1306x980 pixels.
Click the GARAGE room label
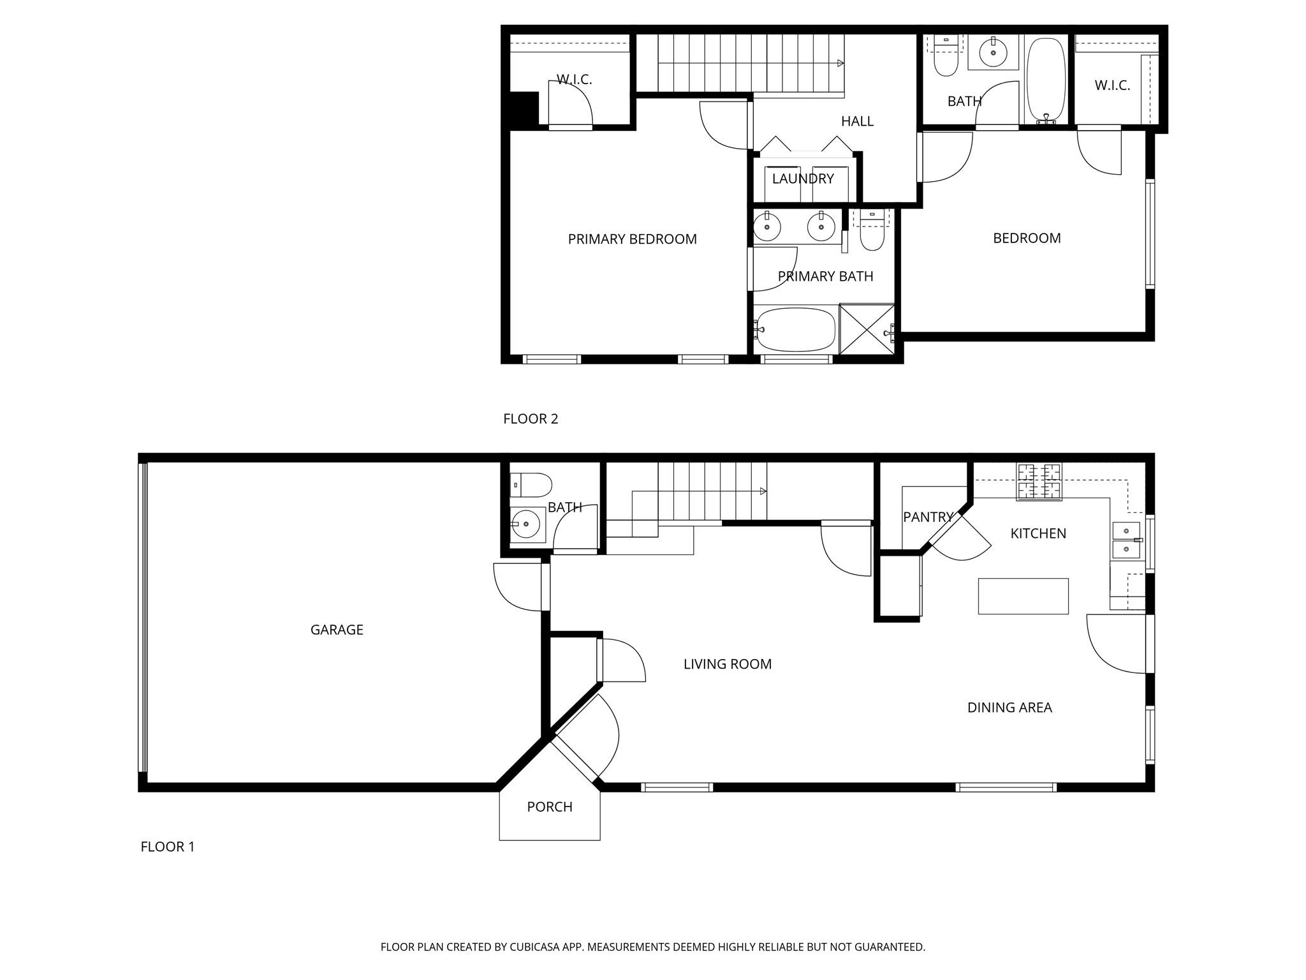337,630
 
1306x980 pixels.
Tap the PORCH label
550,807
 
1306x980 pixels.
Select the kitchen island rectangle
1023,596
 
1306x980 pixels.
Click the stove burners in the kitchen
1039,482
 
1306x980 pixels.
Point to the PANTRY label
928,517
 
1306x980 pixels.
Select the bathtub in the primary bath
796,329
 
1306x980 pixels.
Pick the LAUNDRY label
803,179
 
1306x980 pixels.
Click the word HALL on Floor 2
857,121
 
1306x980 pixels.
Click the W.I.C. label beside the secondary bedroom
1112,85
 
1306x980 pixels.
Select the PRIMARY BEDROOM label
632,239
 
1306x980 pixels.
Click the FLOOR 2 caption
531,419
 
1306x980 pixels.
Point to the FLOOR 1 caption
167,847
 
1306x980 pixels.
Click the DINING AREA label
1009,708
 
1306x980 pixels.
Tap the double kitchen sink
1126,540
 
